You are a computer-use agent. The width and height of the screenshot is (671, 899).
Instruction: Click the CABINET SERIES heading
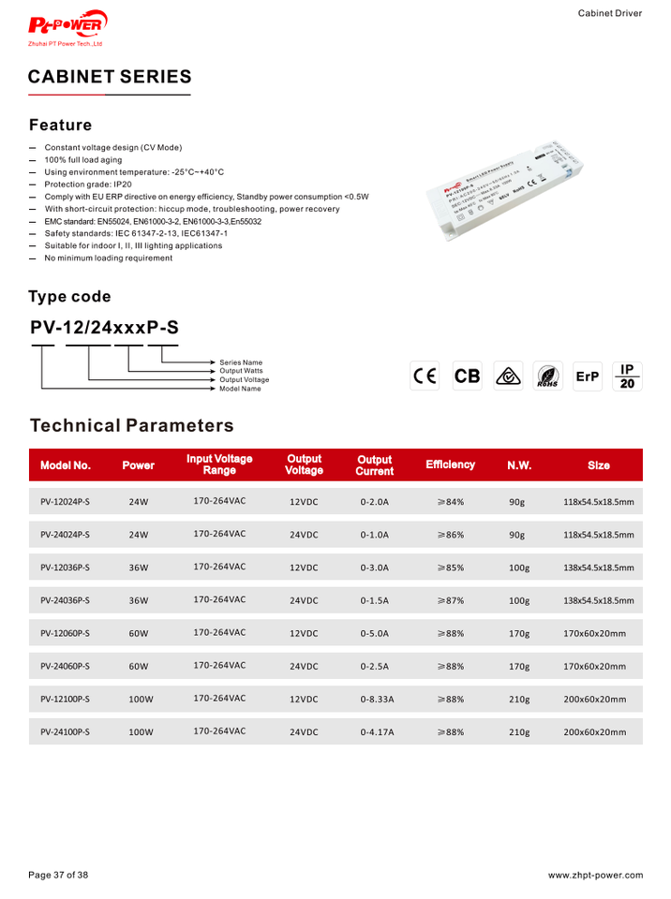(110, 77)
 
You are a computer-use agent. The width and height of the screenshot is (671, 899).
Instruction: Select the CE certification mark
(425, 376)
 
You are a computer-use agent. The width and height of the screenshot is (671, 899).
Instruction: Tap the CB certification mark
(467, 376)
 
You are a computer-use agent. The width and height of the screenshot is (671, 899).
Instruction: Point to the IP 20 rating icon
(627, 376)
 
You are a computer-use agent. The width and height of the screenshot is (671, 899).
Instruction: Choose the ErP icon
(587, 376)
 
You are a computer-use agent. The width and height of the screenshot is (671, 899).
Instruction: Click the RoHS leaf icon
(547, 376)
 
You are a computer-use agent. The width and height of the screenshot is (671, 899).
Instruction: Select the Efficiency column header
(450, 464)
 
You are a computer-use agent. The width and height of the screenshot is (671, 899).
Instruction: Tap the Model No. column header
(66, 464)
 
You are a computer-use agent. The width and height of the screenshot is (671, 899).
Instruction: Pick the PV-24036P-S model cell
(66, 600)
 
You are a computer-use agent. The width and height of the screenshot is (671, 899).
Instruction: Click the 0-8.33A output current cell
(376, 699)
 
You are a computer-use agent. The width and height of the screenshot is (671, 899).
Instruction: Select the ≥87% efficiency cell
(450, 600)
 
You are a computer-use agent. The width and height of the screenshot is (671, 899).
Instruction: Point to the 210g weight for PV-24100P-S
(518, 731)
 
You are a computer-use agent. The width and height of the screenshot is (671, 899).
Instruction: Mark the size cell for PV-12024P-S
(598, 502)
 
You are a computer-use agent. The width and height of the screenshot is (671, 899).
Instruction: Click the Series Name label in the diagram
(241, 362)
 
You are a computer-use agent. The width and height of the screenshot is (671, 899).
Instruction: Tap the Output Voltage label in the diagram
(244, 380)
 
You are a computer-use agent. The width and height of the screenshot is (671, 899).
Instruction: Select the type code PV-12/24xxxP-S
(104, 328)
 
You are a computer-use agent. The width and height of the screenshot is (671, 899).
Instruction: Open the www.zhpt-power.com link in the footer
(595, 876)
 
